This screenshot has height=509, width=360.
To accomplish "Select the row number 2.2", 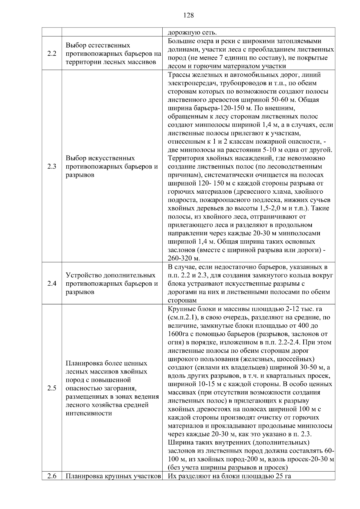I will (x=52, y=54).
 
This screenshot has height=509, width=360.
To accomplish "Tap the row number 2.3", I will (x=52, y=166).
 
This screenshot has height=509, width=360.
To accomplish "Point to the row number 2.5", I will (x=52, y=388).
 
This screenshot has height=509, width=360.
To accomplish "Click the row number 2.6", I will (x=52, y=476).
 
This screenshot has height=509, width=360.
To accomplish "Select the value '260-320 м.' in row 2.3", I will (x=184, y=258).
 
